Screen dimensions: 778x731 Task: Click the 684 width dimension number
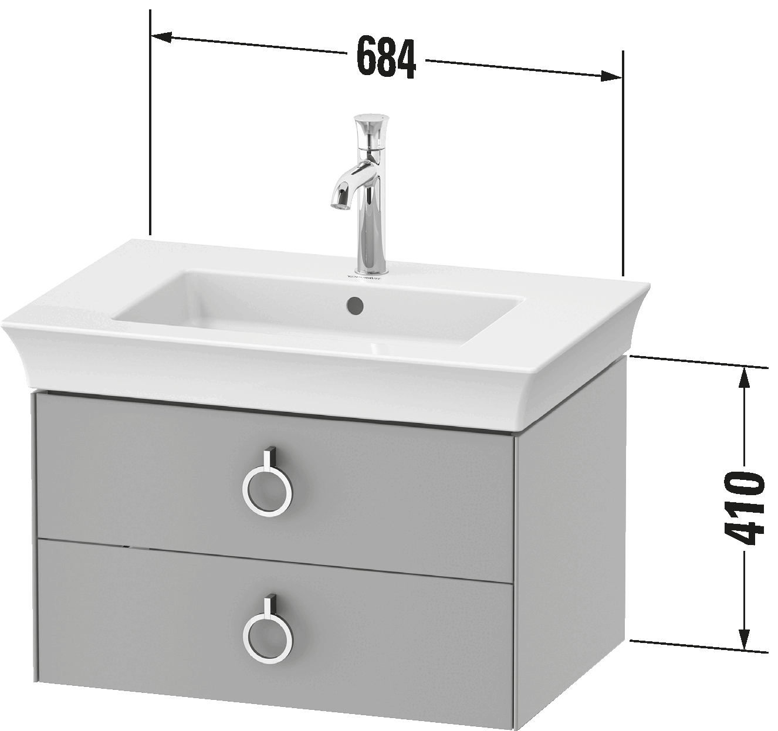(386, 57)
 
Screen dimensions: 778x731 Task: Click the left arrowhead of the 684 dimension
(161, 37)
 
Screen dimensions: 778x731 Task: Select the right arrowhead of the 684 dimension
(611, 76)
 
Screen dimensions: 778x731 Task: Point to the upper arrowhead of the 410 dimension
(744, 378)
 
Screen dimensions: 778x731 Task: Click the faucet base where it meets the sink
(371, 269)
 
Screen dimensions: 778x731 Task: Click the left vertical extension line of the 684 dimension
(150, 122)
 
